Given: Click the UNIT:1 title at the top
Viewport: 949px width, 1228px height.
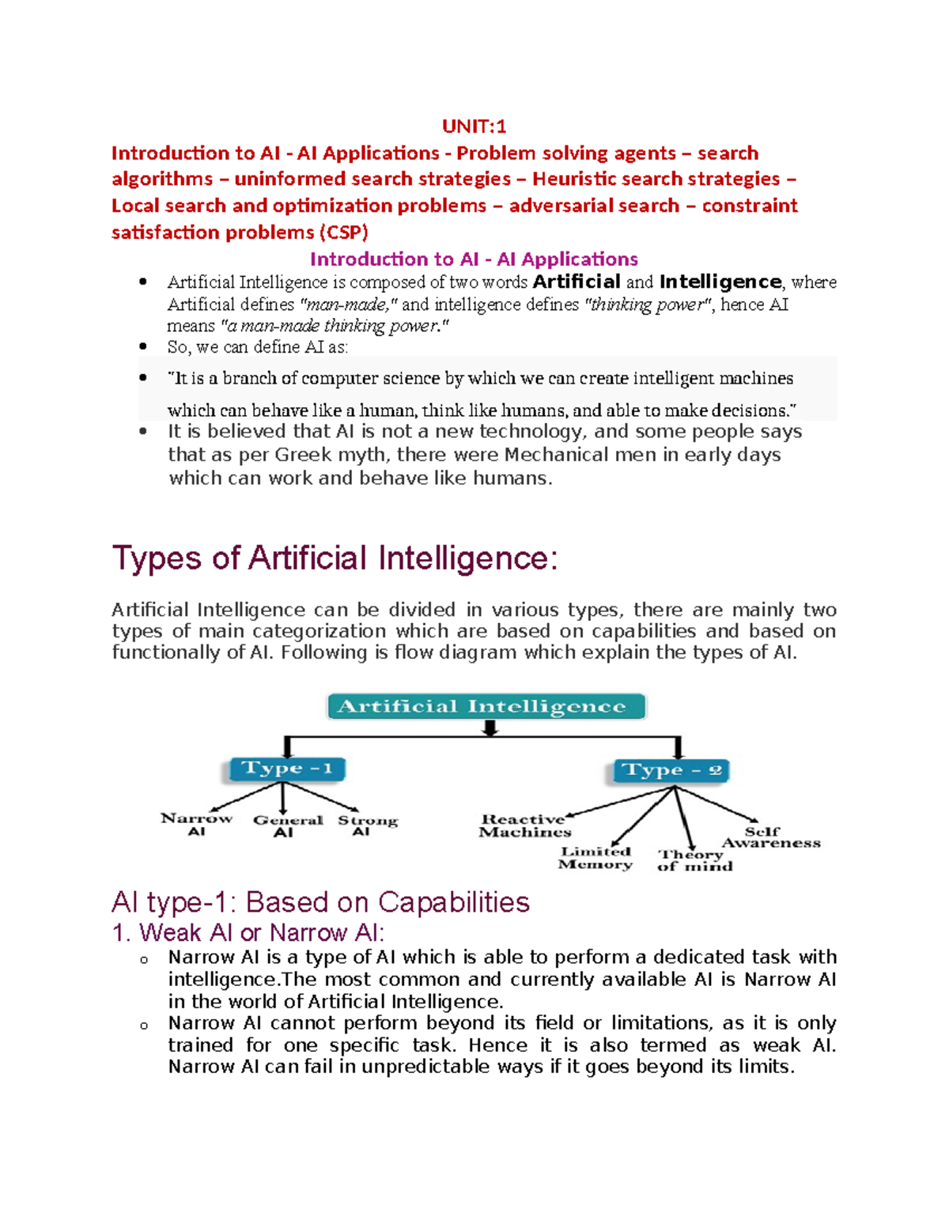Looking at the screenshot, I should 474,127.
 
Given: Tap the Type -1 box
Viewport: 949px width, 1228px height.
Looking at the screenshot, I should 287,769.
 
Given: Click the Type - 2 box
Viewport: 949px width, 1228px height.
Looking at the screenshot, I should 671,770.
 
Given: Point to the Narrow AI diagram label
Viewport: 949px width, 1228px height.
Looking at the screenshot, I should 196,824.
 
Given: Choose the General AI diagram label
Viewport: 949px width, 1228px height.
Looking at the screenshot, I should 287,826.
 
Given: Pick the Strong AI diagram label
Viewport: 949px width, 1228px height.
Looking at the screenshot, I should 367,825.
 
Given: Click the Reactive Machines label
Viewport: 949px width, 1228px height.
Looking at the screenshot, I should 524,826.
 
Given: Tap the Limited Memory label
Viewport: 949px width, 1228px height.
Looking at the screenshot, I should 595,858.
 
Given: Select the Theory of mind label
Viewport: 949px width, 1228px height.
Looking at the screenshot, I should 694,860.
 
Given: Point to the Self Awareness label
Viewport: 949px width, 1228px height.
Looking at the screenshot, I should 769,837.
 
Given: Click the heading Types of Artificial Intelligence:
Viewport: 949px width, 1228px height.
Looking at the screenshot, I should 335,558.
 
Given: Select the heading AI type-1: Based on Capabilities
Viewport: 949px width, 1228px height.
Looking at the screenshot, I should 320,902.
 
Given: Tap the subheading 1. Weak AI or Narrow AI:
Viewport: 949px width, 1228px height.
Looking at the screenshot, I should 248,933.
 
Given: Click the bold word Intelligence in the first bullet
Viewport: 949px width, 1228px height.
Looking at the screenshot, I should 720,282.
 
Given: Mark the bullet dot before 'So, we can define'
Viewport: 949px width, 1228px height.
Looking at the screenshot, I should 143,346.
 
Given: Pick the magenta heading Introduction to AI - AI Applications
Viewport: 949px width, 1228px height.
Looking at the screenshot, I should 474,259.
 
